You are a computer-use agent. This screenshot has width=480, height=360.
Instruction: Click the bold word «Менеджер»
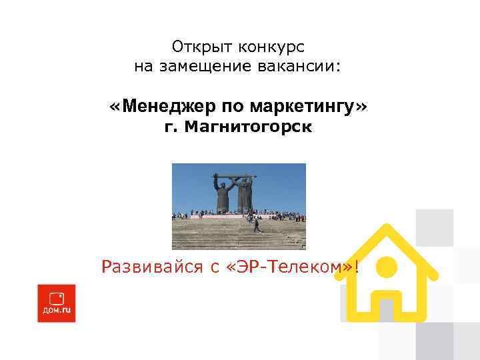click(x=174, y=107)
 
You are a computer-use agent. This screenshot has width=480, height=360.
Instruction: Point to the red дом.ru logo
click(x=56, y=303)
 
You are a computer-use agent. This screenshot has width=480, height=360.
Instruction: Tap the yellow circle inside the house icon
click(x=387, y=268)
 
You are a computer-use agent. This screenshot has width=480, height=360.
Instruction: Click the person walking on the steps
click(x=257, y=225)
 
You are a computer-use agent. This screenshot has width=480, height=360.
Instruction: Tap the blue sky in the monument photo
click(x=193, y=183)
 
